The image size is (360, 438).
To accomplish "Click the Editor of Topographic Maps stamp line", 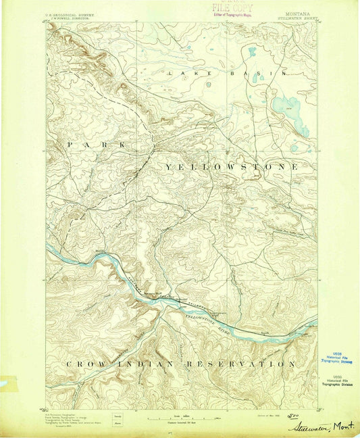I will coord(230,13).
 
